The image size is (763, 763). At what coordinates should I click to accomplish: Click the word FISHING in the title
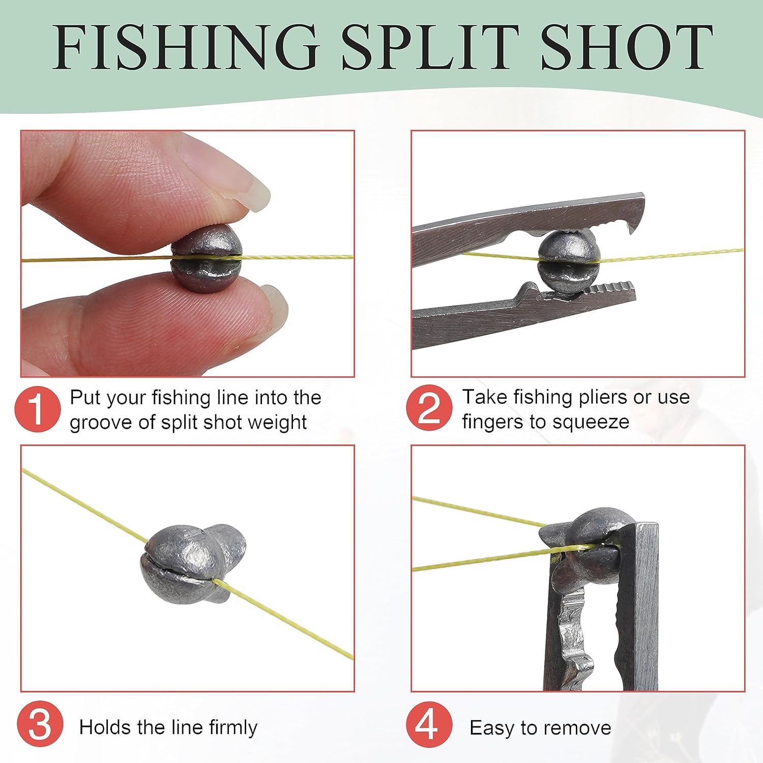(x=186, y=47)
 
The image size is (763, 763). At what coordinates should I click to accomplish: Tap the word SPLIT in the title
(x=430, y=47)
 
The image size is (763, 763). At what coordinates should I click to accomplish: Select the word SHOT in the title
(x=627, y=47)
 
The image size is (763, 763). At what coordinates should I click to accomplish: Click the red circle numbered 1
(x=38, y=409)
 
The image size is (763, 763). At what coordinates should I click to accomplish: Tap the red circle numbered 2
(x=429, y=408)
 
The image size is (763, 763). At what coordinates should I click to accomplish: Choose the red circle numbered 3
(x=40, y=725)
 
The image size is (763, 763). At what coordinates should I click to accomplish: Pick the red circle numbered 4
(x=429, y=725)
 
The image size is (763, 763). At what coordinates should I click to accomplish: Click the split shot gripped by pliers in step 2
(x=569, y=259)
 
